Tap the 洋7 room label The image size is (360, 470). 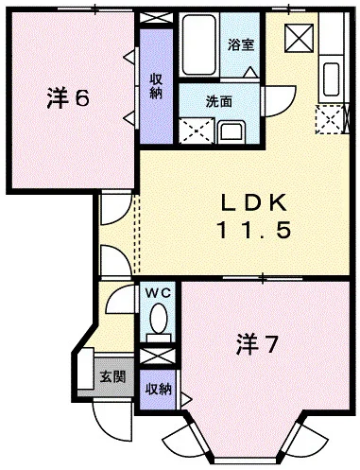256,344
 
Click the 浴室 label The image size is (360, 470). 240,44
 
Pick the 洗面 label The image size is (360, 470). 222,99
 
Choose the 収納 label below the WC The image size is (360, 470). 158,389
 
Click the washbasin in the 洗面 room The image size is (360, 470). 231,129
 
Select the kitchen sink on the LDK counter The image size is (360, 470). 333,75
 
